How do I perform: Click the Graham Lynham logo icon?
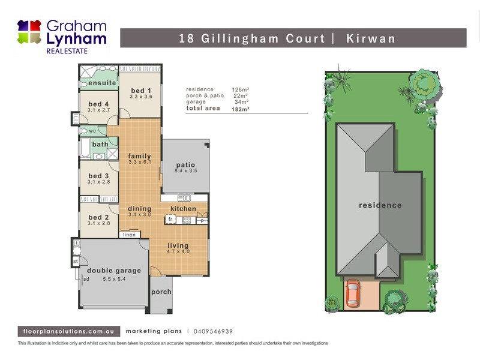pos(29,32)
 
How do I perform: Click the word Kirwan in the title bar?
pos(371,38)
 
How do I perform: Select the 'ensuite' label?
pos(102,83)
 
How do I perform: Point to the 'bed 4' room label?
pos(98,103)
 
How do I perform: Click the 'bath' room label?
pos(100,144)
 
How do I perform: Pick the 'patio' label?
pos(185,165)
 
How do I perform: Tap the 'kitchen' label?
pos(183,209)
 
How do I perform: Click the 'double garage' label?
pos(114,271)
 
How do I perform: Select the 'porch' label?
pos(161,292)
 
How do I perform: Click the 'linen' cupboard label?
pos(129,235)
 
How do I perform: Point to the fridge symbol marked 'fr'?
pos(170,220)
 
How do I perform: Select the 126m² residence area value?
pos(239,89)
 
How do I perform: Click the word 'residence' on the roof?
pos(380,205)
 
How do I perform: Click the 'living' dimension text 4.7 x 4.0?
pos(178,252)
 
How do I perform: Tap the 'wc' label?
pos(92,131)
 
